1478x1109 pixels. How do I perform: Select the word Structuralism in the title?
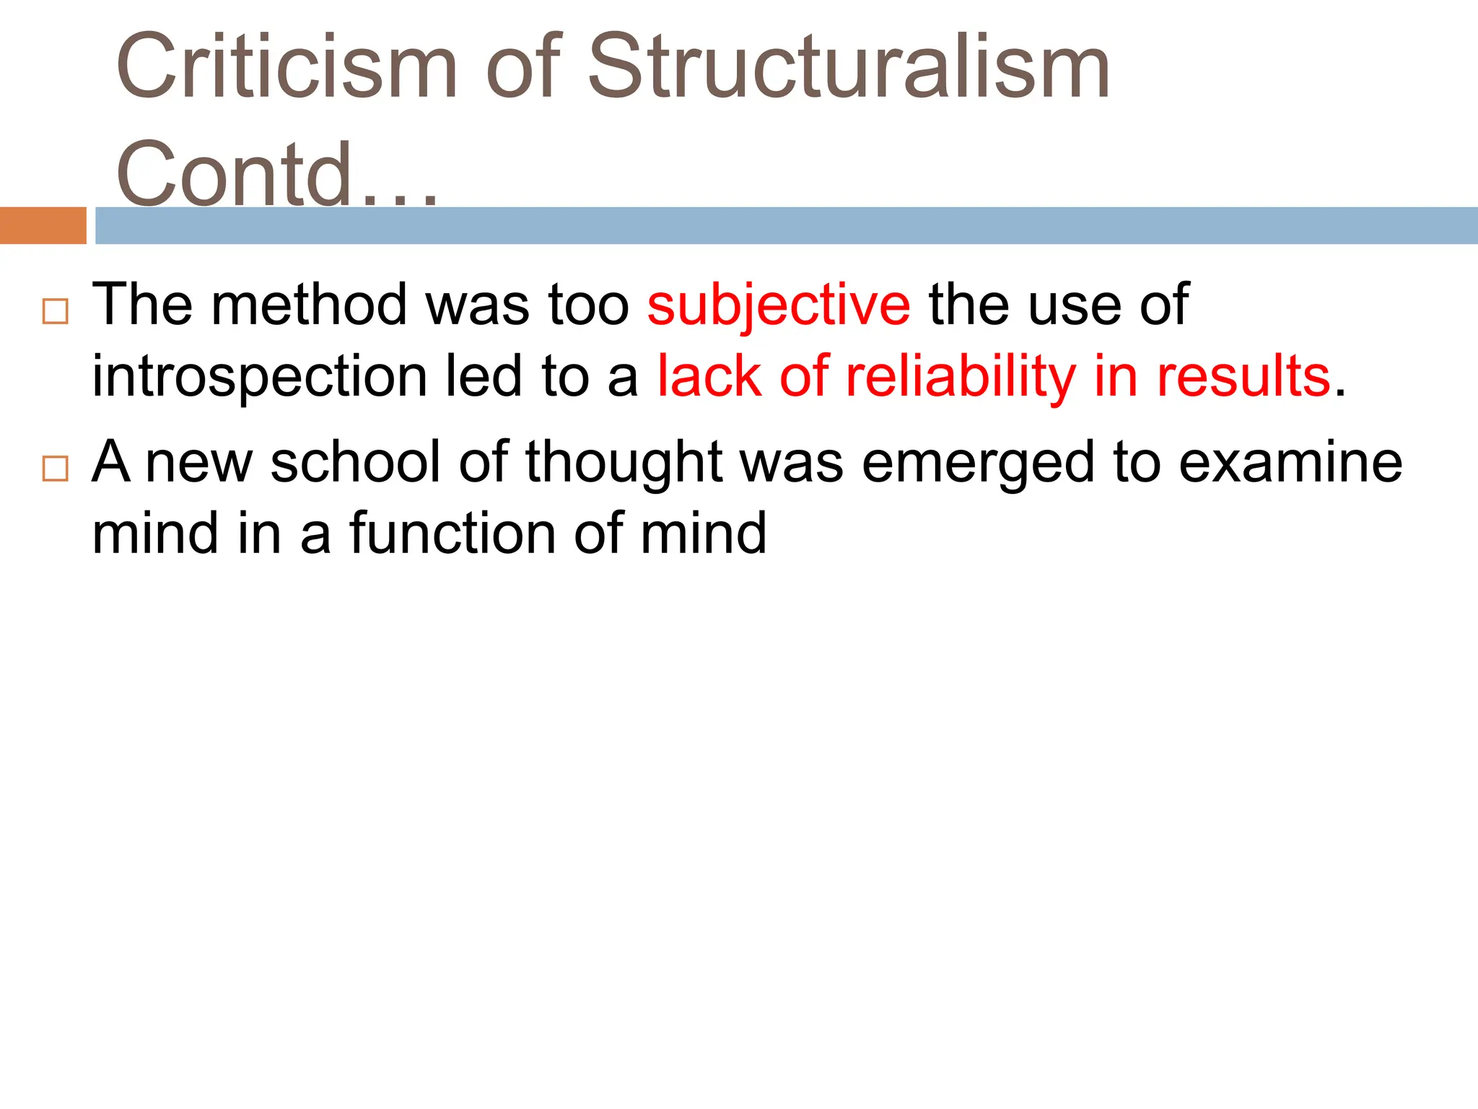849,66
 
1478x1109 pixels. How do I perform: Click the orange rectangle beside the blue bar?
43,225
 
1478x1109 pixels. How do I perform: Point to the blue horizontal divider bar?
787,225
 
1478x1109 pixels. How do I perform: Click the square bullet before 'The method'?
56,311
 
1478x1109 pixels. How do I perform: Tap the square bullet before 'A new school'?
56,469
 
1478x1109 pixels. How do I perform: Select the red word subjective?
778,305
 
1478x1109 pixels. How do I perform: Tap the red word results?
1243,376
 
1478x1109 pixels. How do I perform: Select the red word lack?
709,376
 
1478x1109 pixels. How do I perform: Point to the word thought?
624,462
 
